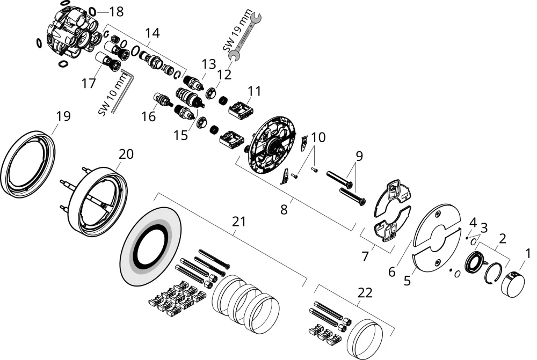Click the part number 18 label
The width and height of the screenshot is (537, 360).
click(116, 12)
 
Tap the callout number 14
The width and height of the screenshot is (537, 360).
click(152, 33)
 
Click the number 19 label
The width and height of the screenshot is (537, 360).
click(63, 116)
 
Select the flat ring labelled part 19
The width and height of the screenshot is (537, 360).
click(28, 164)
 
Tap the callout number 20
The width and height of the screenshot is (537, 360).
click(126, 154)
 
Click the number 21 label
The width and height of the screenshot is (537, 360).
click(239, 222)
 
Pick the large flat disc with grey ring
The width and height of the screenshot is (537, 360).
click(151, 247)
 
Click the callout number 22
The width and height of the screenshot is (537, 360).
click(365, 292)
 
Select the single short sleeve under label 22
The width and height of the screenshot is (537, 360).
click(365, 339)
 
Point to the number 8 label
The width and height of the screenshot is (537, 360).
click(284, 209)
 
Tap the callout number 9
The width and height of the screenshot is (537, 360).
click(359, 156)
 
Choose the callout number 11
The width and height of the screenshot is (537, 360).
click(255, 91)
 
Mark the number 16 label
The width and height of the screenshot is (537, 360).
click(149, 117)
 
